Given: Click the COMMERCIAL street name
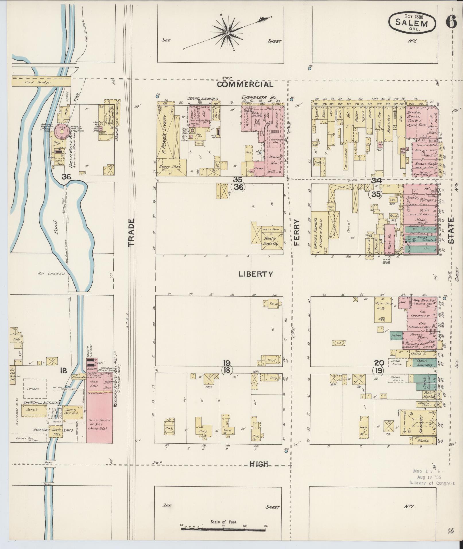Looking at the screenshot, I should (245, 84).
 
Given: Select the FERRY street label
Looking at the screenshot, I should (296, 232).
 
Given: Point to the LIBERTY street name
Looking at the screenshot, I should (256, 274).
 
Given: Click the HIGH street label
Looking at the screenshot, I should (259, 464).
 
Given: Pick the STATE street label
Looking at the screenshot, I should (452, 230).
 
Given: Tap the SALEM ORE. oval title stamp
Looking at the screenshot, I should (412, 23).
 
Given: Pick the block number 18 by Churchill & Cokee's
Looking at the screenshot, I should (63, 370).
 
